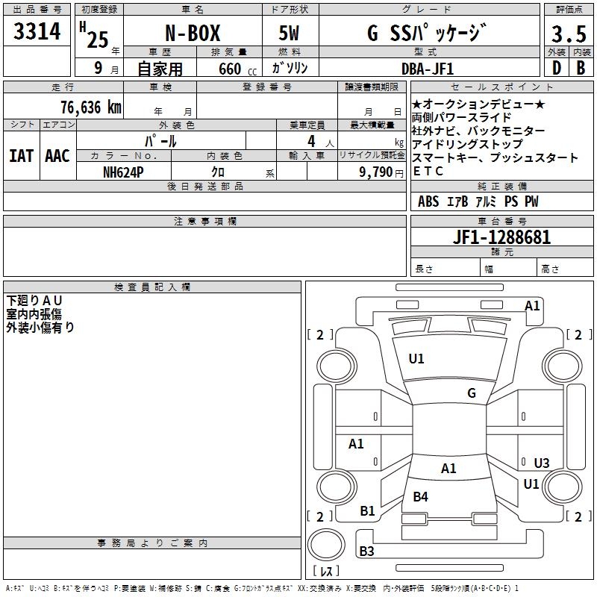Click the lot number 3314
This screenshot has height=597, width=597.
coord(37,31)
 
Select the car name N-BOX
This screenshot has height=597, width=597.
coord(193,33)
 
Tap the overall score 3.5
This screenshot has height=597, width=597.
coord(569,34)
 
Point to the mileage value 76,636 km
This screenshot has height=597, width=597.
coord(91,107)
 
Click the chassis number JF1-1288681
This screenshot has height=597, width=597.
coord(501,237)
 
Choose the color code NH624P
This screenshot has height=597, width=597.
coord(123,172)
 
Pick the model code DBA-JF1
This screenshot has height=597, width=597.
coord(428,69)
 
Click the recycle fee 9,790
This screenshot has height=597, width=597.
coord(376,172)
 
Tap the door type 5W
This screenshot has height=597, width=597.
coord(289,33)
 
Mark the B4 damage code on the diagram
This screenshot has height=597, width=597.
coord(420,497)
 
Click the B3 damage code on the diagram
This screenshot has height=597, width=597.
coord(366,551)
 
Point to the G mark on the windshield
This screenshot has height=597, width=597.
coord(472,393)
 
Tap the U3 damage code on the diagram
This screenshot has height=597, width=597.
coord(542,463)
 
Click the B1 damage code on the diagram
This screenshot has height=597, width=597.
coord(367,511)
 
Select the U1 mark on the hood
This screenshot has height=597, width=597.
coord(416,359)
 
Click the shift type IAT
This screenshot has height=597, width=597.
coord(22,156)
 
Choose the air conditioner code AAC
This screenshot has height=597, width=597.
coord(57,156)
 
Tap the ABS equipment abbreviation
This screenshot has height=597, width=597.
coord(428,201)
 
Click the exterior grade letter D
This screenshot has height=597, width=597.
coord(557,68)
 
